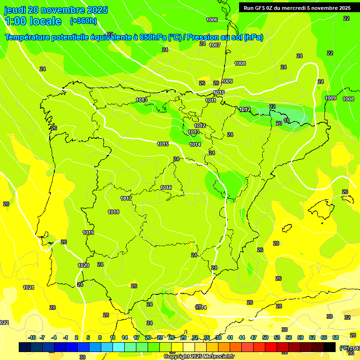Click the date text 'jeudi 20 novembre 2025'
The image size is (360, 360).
56,10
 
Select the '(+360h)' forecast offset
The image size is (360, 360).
83,21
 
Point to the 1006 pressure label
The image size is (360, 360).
212,20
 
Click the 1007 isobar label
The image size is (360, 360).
215,45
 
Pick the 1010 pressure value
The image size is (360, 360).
219,92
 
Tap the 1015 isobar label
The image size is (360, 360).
163,144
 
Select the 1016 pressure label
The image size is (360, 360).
166,187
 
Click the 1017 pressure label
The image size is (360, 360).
126,198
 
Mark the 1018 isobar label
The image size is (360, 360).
113,212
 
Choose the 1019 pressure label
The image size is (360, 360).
88,232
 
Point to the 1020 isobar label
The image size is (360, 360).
83,265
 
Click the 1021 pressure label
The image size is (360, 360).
29,287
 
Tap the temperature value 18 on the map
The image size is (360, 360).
286,120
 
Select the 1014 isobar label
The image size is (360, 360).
195,144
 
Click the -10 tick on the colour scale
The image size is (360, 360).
32,337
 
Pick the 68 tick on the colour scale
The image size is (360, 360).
336,337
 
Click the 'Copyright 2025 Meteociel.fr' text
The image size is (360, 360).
199,356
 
